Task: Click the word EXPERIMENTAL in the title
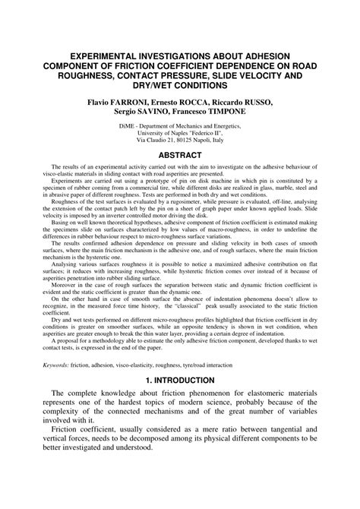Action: click(96, 55)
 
